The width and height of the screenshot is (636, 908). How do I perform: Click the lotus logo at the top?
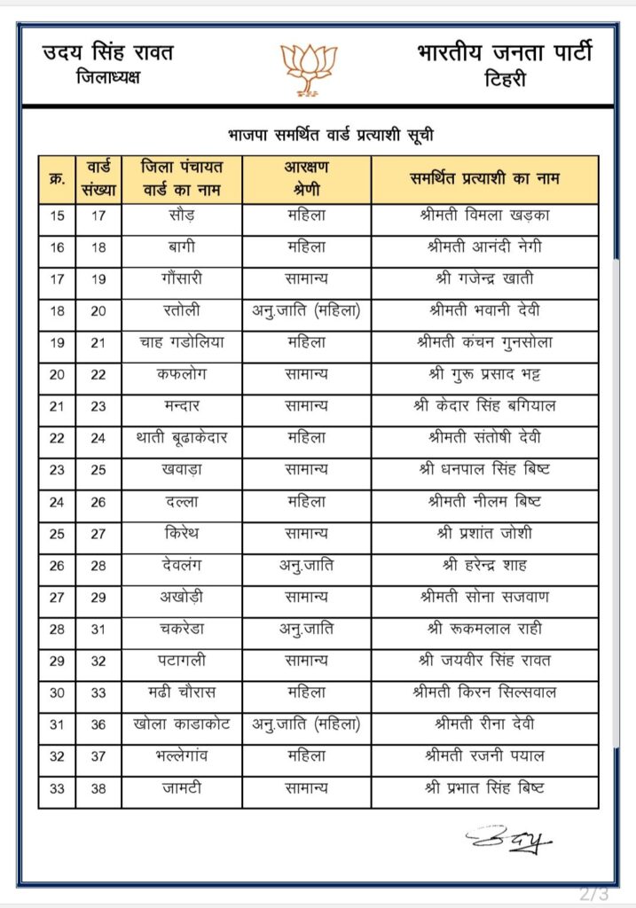point(310,68)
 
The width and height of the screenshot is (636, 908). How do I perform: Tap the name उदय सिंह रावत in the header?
point(108,52)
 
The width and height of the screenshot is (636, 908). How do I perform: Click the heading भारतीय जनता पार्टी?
point(504,52)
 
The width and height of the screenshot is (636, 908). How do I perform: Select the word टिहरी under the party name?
point(505,79)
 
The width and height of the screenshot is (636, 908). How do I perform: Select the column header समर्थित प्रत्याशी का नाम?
point(484,178)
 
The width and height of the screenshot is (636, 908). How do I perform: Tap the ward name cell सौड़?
point(181,215)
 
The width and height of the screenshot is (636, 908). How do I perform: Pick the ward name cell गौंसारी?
point(181,278)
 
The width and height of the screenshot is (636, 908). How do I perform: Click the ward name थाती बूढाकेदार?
point(181,438)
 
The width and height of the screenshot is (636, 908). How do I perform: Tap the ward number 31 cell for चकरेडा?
point(98,630)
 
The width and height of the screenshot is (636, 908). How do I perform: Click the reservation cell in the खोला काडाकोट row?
point(306,724)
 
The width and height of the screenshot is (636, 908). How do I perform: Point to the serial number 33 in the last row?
point(58,788)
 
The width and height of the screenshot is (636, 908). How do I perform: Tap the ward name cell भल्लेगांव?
point(181,756)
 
